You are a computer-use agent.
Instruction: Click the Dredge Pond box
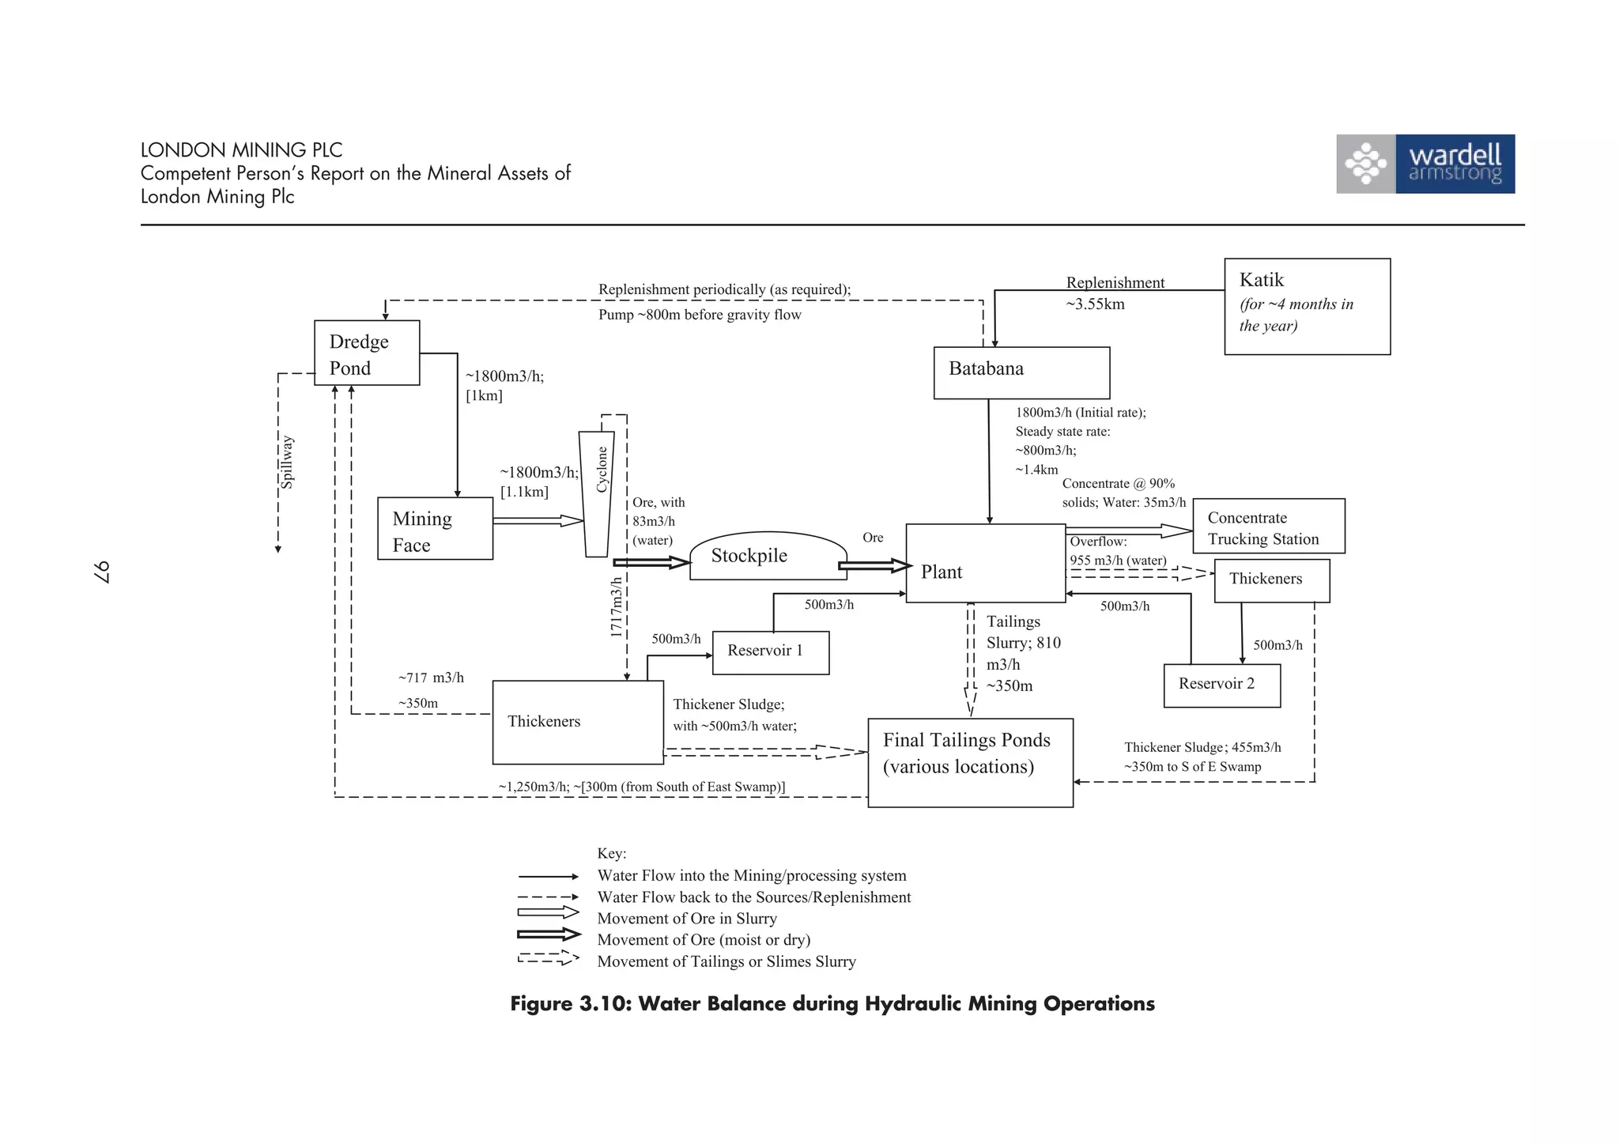(x=367, y=353)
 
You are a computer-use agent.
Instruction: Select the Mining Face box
(x=435, y=528)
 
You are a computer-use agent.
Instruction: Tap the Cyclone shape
(x=597, y=494)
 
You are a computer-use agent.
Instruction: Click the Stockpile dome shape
(x=767, y=557)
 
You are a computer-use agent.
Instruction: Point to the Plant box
(x=985, y=563)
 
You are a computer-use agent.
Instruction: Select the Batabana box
(x=1021, y=372)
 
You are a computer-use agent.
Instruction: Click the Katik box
(x=1307, y=306)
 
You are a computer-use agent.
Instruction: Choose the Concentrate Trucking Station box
(x=1268, y=526)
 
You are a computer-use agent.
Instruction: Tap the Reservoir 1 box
(x=770, y=652)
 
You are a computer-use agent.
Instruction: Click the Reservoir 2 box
(x=1221, y=685)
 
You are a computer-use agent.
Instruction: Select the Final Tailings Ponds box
(x=970, y=762)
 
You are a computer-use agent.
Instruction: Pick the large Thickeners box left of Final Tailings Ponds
(x=577, y=722)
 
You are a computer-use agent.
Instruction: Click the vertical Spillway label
(x=288, y=463)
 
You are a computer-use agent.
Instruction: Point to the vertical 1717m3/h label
(x=616, y=607)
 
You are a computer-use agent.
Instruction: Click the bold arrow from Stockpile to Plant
(x=874, y=565)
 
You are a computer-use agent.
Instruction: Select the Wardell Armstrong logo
(x=1425, y=164)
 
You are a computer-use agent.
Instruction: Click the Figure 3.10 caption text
(x=832, y=1004)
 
